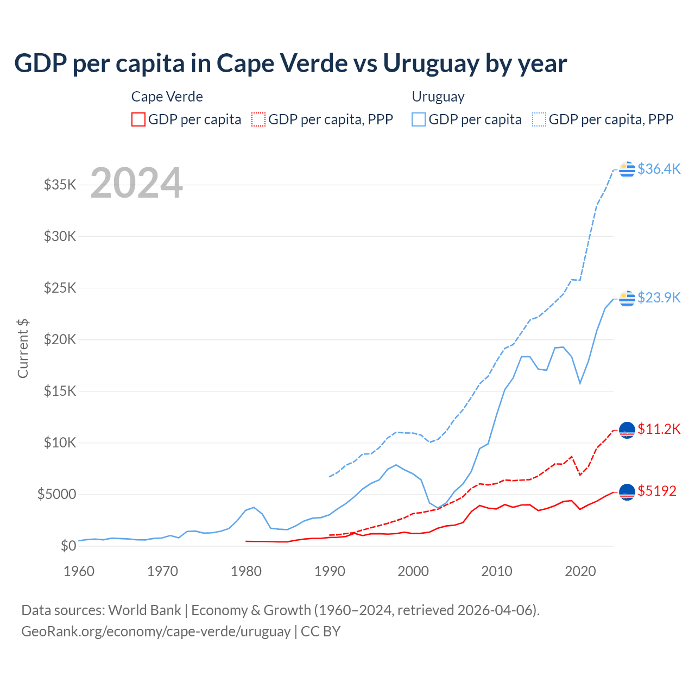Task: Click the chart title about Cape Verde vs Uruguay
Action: [290, 64]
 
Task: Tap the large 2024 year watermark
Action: [136, 183]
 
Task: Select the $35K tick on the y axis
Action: [60, 185]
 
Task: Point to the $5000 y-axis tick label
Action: [57, 494]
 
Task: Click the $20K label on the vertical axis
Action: [60, 339]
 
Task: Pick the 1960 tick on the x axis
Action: [79, 571]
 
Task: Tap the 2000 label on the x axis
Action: [413, 571]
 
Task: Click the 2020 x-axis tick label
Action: [580, 571]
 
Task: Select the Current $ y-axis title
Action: [23, 349]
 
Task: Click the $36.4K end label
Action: [659, 169]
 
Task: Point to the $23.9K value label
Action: [659, 298]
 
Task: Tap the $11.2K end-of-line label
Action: [659, 429]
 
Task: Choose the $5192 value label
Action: [657, 491]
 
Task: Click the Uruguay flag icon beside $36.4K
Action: [627, 169]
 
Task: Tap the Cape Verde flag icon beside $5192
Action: [627, 492]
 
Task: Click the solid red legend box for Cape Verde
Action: [138, 119]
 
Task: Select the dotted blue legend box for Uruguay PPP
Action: [539, 119]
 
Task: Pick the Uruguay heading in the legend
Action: [438, 97]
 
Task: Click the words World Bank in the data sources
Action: [144, 610]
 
